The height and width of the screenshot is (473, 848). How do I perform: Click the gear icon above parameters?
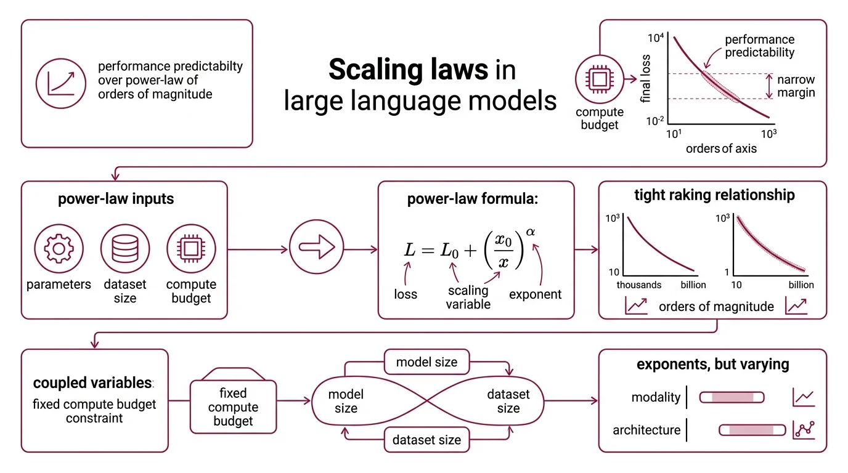point(59,249)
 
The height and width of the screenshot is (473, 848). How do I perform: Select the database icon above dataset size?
point(125,249)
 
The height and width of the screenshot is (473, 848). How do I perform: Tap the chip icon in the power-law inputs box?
point(191,249)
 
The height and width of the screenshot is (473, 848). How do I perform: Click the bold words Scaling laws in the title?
point(408,70)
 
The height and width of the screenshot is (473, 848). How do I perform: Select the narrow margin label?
point(796,86)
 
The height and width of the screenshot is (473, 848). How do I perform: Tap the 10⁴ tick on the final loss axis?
point(655,38)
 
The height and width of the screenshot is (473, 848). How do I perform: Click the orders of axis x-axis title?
point(721,148)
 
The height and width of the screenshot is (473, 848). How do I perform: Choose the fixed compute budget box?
point(233,406)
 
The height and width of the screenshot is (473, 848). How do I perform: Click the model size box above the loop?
point(426,362)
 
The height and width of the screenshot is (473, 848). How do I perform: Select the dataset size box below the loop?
point(426,440)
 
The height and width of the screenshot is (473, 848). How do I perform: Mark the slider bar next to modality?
point(732,397)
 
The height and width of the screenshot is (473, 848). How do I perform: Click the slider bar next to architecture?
point(752,430)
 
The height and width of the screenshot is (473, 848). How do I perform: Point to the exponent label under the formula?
point(535,294)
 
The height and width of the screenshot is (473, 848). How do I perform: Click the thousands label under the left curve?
point(638,285)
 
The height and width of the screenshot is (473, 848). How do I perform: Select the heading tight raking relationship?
point(714,195)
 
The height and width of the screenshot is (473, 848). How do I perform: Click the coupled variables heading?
point(92,382)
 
